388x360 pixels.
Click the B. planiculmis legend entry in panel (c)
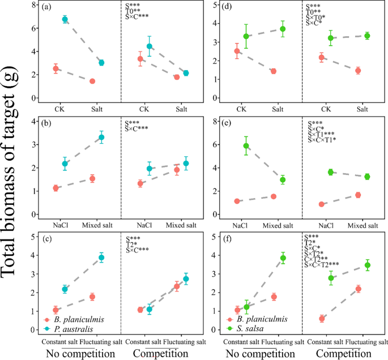[75, 319]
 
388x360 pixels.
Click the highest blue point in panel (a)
[65, 19]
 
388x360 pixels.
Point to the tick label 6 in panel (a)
[33, 28]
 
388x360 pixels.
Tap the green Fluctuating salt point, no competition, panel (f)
[283, 258]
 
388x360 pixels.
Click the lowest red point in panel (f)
[322, 318]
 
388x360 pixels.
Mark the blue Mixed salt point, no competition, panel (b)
[101, 137]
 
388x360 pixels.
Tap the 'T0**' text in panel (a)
[134, 11]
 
